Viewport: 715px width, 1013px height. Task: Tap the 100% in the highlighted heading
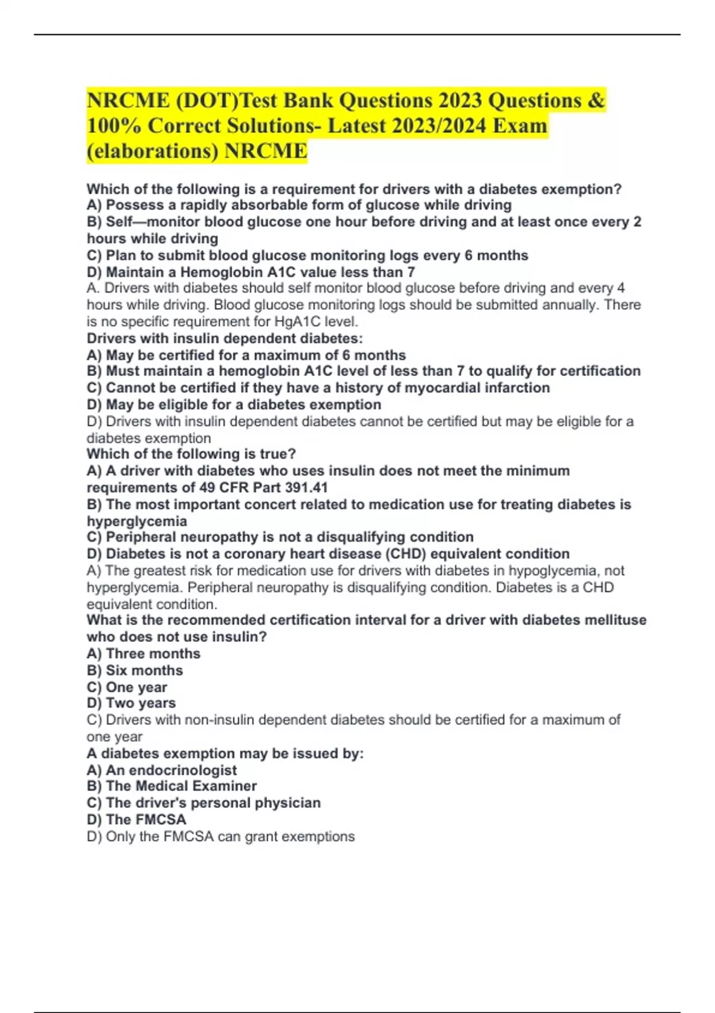[x=113, y=126]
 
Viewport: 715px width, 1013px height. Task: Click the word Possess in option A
[x=132, y=205]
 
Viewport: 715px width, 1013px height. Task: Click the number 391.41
[x=306, y=487]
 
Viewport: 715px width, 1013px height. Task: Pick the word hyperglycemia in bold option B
[x=137, y=521]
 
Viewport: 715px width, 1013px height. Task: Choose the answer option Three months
[x=153, y=654]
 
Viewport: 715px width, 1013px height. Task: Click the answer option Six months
[x=144, y=670]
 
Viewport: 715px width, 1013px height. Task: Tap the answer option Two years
[x=141, y=703]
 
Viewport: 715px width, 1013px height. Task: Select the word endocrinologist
[x=183, y=770]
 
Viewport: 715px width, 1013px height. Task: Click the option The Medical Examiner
[x=181, y=786]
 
